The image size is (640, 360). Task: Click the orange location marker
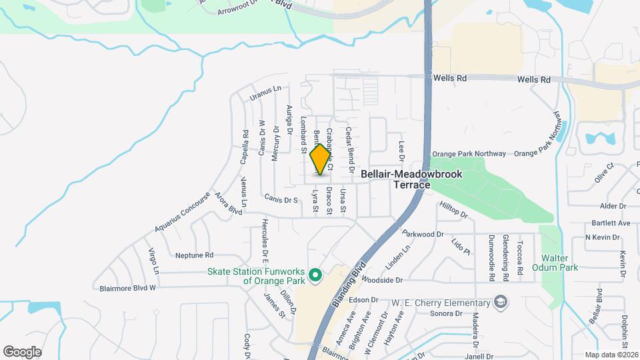coord(321,159)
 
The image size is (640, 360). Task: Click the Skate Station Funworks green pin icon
coord(316,275)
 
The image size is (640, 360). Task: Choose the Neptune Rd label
coord(194,255)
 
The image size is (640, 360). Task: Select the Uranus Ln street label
coord(266,93)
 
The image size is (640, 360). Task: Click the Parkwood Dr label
coord(423,234)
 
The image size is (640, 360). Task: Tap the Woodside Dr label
coord(383,281)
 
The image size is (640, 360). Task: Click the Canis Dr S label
coord(281,198)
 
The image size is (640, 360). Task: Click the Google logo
coord(22,351)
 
